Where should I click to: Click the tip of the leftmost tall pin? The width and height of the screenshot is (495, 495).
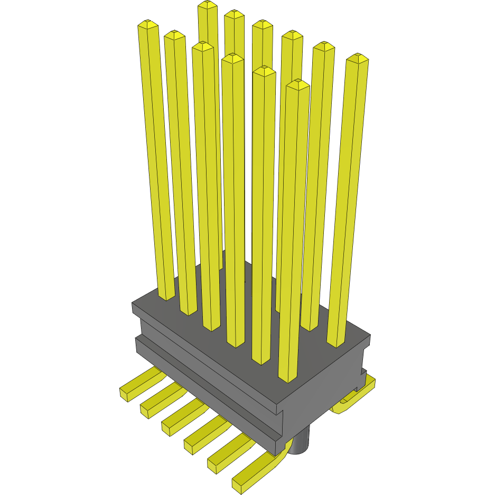pos(147,25)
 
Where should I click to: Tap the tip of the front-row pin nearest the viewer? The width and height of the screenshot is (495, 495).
pos(297,84)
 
